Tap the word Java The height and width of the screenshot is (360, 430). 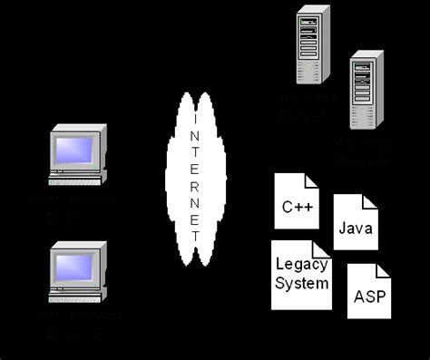pyautogui.click(x=355, y=228)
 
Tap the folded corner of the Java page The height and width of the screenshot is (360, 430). pyautogui.click(x=370, y=199)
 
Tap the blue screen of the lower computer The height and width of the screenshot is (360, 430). pyautogui.click(x=75, y=264)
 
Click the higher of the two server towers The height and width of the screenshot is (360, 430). pyautogui.click(x=311, y=44)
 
